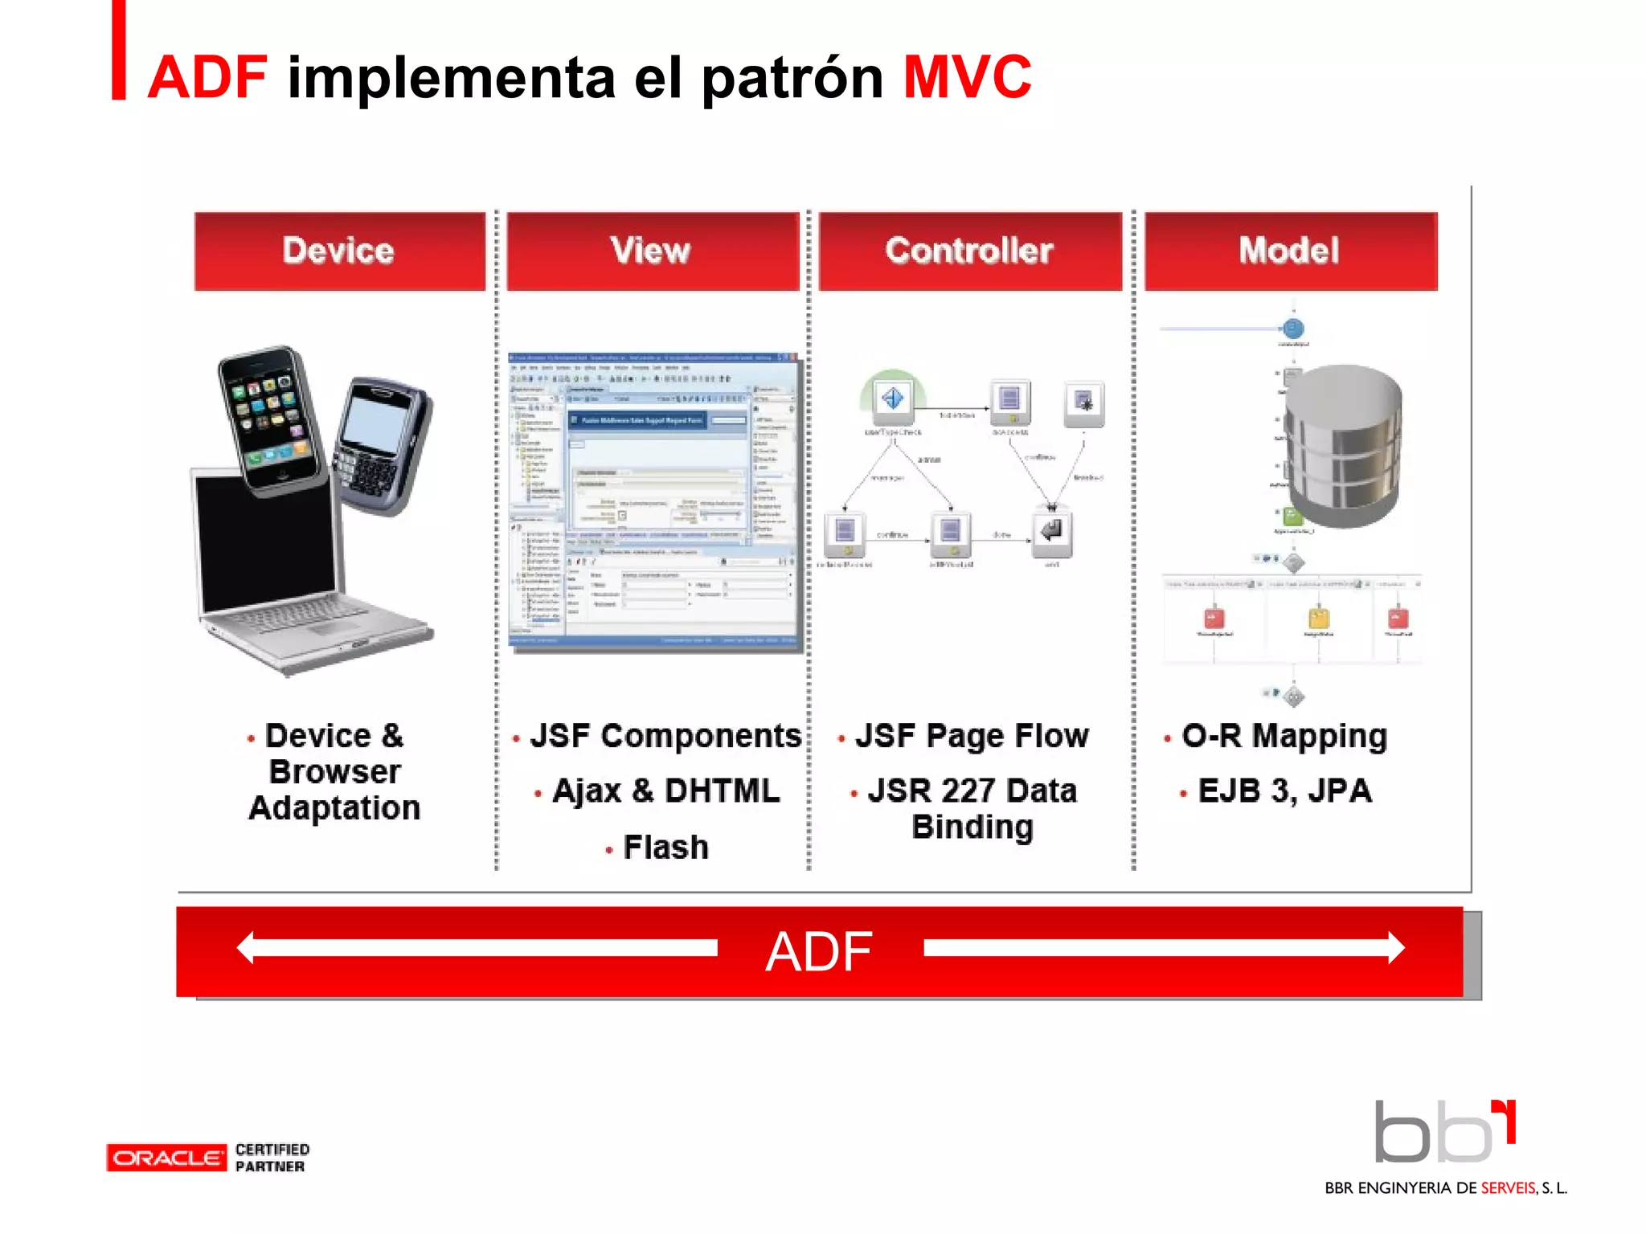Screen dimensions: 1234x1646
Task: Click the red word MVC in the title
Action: [967, 77]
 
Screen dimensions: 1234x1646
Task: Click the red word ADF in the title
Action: [207, 77]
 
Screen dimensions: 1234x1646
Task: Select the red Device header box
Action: [339, 251]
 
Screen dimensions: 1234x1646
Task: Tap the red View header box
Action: [652, 251]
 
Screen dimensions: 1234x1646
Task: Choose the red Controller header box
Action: [969, 251]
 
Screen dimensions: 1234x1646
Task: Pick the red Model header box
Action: [1290, 251]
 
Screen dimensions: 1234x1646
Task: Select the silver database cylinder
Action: [1342, 446]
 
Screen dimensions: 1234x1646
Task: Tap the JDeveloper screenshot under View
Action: [654, 501]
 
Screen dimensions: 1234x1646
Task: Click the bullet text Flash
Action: [665, 848]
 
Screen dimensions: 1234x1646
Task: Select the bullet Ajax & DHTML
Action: [665, 791]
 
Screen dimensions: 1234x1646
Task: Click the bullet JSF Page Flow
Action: [971, 736]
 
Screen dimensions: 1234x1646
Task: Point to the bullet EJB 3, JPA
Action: [1284, 791]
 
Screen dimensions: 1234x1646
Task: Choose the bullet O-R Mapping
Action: [1284, 736]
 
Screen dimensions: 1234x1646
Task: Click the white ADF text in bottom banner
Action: [818, 952]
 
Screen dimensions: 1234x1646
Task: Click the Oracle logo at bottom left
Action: [166, 1158]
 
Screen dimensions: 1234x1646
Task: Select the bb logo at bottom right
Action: [1443, 1133]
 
